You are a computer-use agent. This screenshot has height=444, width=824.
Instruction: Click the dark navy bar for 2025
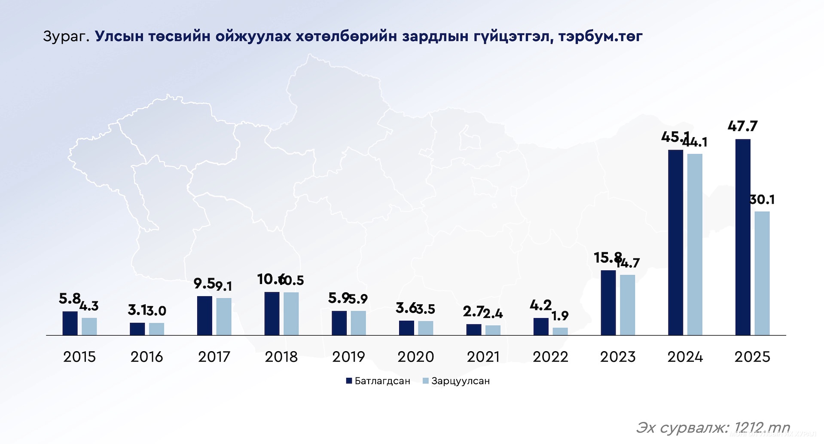pos(743,237)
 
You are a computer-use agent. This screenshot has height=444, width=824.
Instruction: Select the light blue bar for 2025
pos(762,273)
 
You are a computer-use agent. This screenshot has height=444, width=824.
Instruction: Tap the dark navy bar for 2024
pos(675,242)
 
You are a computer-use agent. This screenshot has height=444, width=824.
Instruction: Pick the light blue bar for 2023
pos(627,305)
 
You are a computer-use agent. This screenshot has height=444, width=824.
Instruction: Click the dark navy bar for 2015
pos(70,323)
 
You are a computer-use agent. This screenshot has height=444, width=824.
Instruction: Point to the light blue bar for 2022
pos(560,331)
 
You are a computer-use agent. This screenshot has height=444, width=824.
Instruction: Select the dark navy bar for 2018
pos(272,313)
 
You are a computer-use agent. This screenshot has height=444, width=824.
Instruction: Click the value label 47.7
pos(742,126)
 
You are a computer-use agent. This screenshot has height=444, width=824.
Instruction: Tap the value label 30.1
pos(762,199)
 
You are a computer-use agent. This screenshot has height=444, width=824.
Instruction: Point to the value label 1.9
pos(560,316)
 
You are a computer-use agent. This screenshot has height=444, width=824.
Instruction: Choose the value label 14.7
pos(628,263)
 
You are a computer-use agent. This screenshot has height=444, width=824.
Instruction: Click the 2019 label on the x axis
pos(348,357)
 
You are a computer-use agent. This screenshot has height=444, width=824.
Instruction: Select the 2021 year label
pos(483,357)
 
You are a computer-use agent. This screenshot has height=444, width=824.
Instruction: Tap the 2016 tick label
pos(146,357)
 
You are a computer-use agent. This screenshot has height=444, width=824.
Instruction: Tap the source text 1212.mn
pos(762,427)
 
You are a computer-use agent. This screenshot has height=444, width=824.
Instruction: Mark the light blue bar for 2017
pos(224,316)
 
